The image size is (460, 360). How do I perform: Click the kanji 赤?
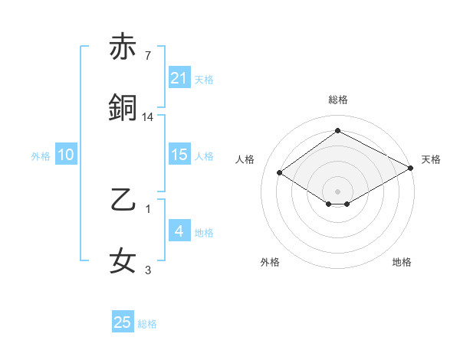(x=123, y=47)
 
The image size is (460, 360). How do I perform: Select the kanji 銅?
(x=123, y=108)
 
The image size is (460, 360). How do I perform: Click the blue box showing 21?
(x=179, y=77)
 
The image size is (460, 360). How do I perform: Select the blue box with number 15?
(x=179, y=154)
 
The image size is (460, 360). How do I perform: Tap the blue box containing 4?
(x=179, y=231)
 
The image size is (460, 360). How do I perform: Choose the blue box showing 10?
(x=65, y=155)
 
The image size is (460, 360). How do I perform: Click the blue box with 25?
(x=123, y=322)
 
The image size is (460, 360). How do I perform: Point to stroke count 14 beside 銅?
(x=148, y=116)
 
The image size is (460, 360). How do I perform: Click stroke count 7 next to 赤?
(x=147, y=55)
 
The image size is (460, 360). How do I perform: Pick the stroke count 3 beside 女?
(x=148, y=270)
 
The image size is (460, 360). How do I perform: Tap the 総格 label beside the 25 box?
(x=147, y=324)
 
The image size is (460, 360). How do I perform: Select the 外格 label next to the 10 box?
(x=41, y=155)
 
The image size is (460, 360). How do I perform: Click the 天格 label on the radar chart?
(x=431, y=159)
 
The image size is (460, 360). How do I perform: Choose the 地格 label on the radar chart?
(x=402, y=262)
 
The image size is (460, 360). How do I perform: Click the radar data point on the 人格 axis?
(x=280, y=173)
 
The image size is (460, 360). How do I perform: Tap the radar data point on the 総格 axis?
(x=337, y=131)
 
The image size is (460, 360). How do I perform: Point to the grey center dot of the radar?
(x=337, y=190)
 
